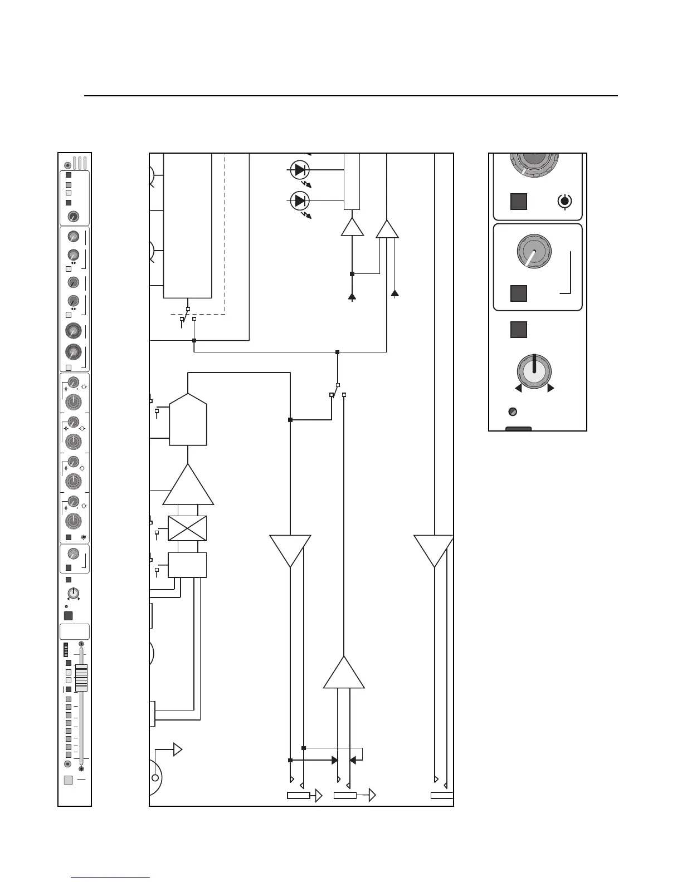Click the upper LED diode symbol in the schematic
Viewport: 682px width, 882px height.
click(300, 169)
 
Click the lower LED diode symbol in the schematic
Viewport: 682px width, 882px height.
click(300, 200)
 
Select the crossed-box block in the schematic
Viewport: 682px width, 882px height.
click(187, 528)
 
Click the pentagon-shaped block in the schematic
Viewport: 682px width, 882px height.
click(188, 420)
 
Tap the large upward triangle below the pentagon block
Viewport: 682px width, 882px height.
click(188, 486)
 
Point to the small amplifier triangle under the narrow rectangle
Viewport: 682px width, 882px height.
click(352, 228)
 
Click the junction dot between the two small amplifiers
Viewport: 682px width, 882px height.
click(352, 274)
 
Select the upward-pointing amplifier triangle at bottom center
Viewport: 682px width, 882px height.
click(344, 674)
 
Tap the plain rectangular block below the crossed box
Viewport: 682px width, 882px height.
click(187, 565)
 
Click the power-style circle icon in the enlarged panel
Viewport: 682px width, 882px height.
click(565, 202)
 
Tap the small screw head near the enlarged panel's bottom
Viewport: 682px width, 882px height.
click(514, 412)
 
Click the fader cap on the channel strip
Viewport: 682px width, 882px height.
click(81, 678)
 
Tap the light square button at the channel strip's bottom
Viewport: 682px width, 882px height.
click(69, 780)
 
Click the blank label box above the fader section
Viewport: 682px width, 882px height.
click(75, 631)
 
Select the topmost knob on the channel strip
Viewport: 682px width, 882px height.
click(73, 217)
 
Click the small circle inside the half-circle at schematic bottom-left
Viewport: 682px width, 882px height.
click(155, 778)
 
